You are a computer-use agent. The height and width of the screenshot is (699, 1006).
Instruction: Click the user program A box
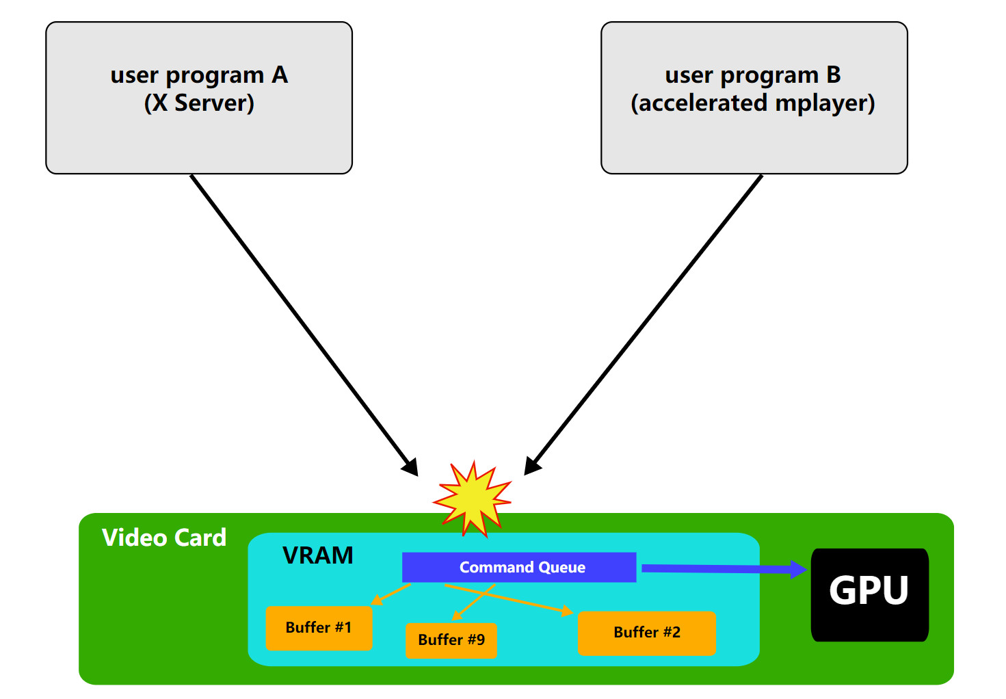coord(198,137)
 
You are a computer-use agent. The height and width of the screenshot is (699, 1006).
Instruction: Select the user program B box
coord(754,137)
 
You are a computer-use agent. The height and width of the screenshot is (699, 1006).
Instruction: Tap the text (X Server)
coord(199,103)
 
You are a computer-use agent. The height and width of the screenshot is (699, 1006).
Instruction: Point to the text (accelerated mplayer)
coord(753,103)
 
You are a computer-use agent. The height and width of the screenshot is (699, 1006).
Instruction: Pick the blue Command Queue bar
coord(519,567)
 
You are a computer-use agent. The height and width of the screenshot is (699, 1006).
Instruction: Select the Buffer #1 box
coord(319,627)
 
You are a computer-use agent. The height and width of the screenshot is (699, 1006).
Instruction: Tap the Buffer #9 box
coord(451,640)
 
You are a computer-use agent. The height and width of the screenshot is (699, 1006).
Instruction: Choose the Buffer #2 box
coord(647,633)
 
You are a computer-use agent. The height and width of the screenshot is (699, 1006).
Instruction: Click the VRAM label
coord(318,555)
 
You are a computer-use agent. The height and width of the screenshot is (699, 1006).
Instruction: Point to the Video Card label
coord(164,538)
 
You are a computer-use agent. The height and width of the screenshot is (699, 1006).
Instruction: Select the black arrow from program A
coord(301,321)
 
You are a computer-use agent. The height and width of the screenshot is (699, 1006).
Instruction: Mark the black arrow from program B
coord(646,321)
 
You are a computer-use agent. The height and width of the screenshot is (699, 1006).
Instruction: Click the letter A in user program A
coord(280,75)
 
